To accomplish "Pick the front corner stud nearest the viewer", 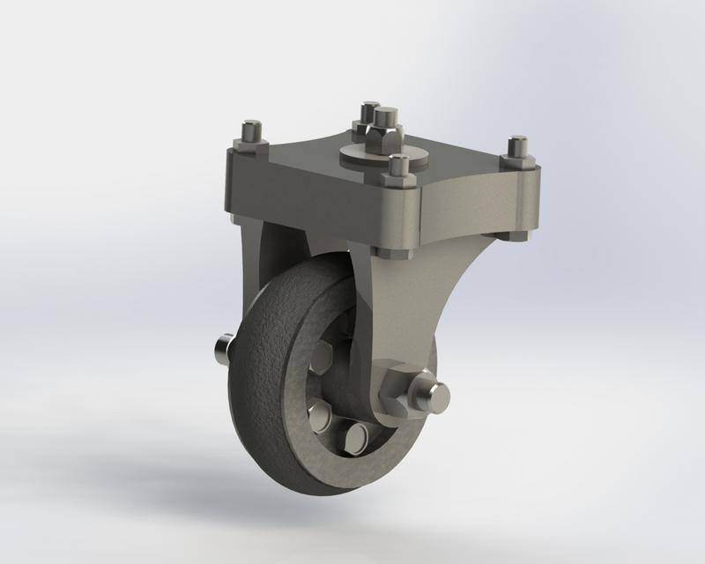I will (400, 167).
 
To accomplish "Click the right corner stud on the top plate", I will (517, 147).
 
